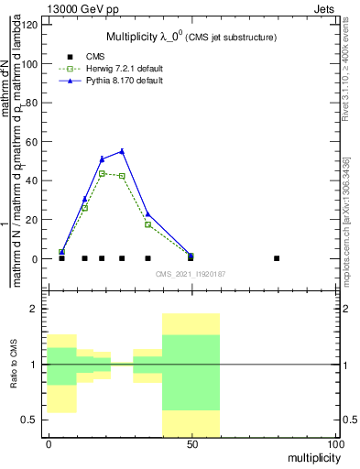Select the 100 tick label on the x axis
coord(334,444)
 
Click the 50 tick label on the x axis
coord(191,444)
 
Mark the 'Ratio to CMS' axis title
coord(16,365)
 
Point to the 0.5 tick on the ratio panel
coord(31,420)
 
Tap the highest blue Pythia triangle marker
coord(122,151)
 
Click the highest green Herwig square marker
coord(102,173)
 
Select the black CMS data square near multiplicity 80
coord(277,258)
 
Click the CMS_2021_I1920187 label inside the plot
coord(191,274)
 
